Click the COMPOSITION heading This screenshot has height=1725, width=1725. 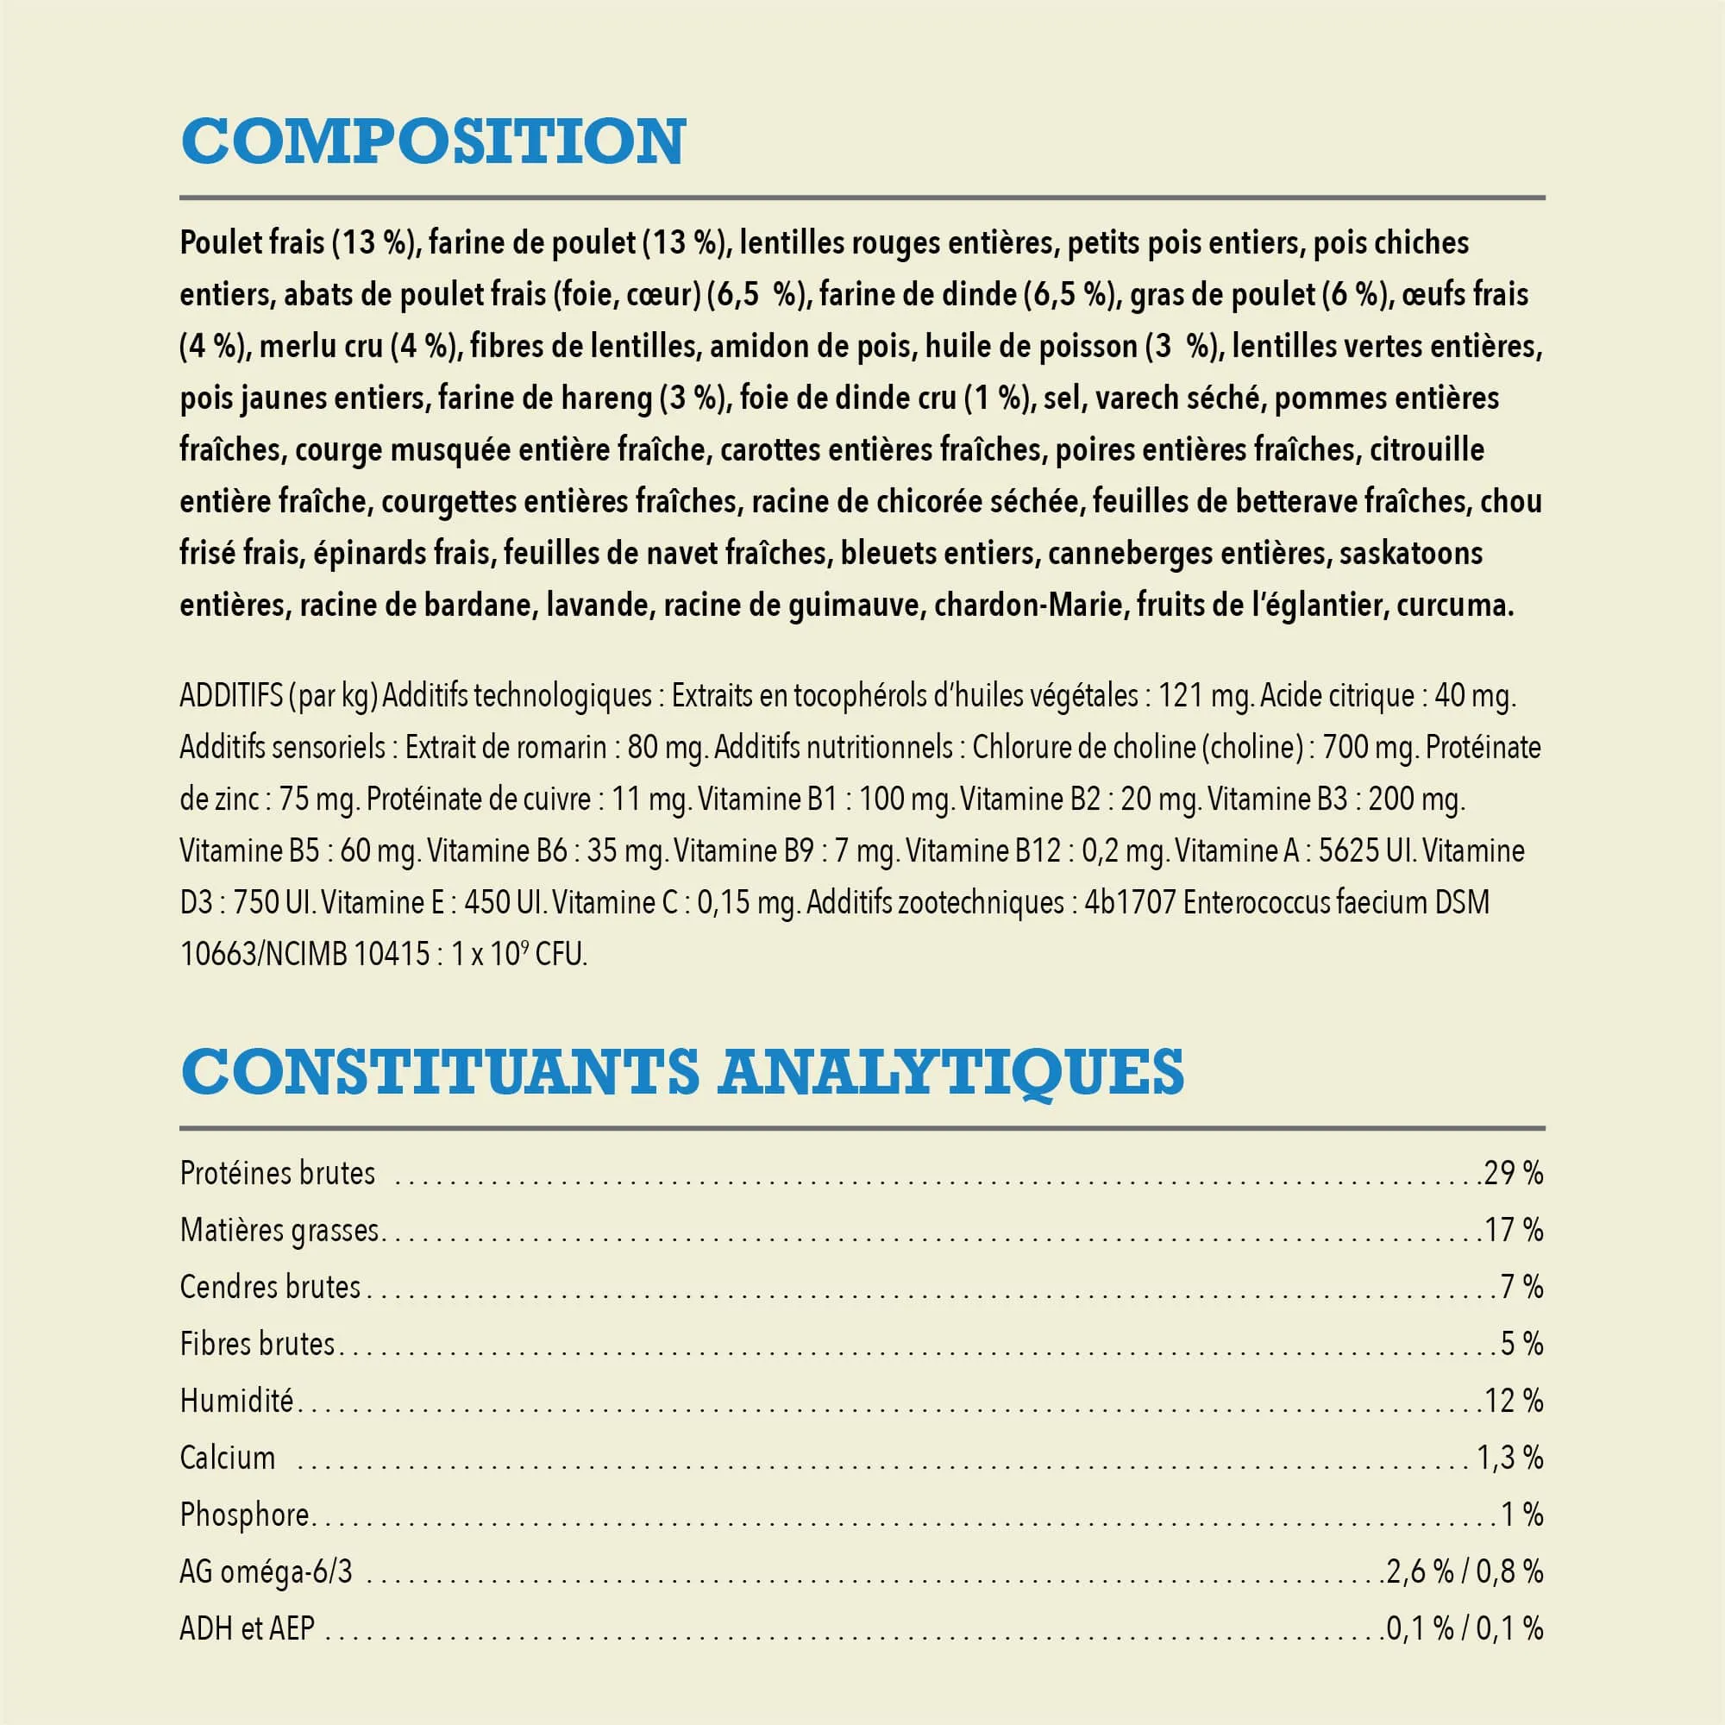click(433, 141)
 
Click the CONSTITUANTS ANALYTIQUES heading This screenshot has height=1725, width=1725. click(682, 1071)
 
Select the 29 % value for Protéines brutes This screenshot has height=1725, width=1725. click(1514, 1173)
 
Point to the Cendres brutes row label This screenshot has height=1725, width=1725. click(270, 1287)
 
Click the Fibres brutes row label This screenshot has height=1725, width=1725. click(257, 1344)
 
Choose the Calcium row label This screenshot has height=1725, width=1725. click(228, 1458)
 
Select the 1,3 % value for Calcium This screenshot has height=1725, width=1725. click(1509, 1458)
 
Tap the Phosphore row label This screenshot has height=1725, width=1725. click(244, 1515)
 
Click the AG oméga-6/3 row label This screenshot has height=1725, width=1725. click(266, 1572)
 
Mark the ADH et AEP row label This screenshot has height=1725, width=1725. click(248, 1629)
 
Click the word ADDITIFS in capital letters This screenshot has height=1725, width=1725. click(230, 695)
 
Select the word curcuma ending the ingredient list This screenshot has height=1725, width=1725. click(1454, 606)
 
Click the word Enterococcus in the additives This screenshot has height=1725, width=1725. click(1258, 903)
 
